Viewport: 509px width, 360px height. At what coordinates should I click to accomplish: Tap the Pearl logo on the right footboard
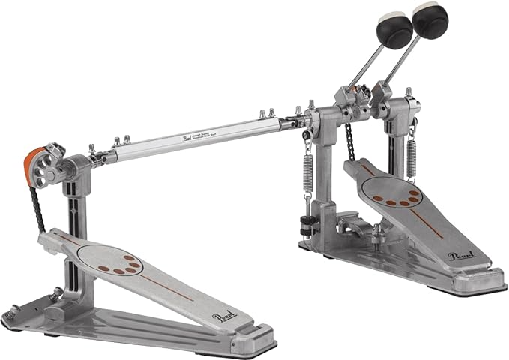460,257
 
